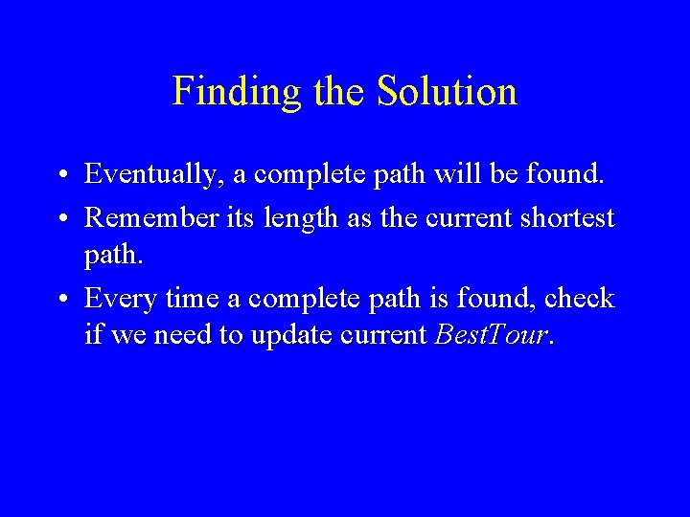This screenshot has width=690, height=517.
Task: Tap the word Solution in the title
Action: (447, 92)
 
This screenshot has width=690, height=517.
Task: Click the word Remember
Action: (151, 218)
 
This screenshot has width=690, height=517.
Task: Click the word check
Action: (578, 299)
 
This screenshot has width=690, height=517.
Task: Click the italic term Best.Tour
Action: (494, 336)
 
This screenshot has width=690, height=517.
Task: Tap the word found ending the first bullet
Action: (567, 174)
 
